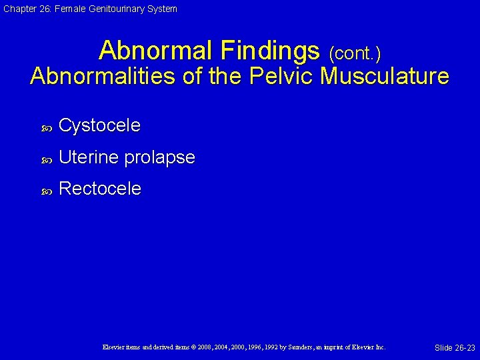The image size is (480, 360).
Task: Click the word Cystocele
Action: pos(99,125)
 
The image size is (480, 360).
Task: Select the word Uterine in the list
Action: pos(89,157)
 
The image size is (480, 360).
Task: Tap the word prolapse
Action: pos(160,158)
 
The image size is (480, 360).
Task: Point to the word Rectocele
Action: pos(100,189)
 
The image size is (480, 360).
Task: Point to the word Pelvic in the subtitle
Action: pos(281,76)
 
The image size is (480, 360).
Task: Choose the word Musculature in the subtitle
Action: pos(385,76)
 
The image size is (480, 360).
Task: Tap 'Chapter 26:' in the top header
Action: pos(25,9)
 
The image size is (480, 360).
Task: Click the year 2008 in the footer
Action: pos(203,347)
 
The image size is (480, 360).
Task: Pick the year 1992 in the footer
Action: pos(264,347)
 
